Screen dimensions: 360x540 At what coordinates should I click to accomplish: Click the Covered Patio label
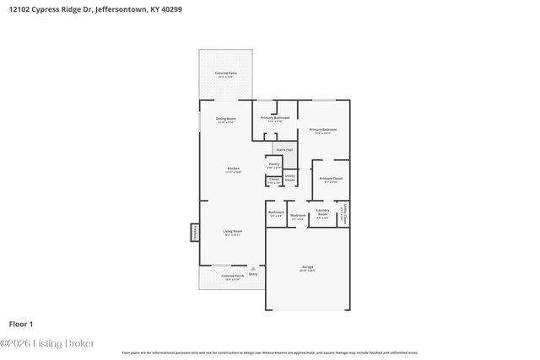(225, 75)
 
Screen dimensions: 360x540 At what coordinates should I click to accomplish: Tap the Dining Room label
(225, 120)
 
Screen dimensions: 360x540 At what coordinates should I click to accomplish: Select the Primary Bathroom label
(275, 119)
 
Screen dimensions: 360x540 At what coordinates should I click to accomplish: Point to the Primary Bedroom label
(325, 131)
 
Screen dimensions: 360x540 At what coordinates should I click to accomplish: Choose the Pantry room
(275, 165)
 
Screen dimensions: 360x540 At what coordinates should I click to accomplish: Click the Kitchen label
(233, 169)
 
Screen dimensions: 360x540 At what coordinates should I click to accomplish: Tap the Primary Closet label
(330, 179)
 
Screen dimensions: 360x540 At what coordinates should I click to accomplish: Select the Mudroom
(298, 216)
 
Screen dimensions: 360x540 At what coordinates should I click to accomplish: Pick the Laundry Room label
(321, 212)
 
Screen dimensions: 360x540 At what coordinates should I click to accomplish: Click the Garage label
(308, 268)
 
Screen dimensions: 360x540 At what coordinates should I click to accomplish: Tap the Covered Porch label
(233, 277)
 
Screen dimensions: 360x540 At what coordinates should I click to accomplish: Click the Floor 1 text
(20, 324)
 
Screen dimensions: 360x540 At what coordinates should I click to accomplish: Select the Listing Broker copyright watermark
(47, 343)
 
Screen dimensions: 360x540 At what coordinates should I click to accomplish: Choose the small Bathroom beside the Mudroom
(276, 213)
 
